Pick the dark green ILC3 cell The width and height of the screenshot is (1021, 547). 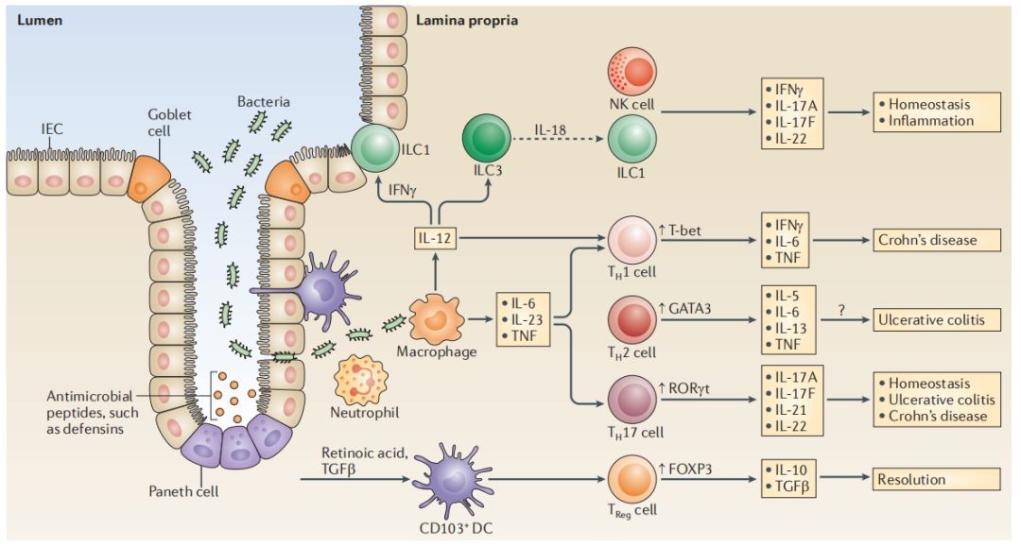pyautogui.click(x=487, y=143)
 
